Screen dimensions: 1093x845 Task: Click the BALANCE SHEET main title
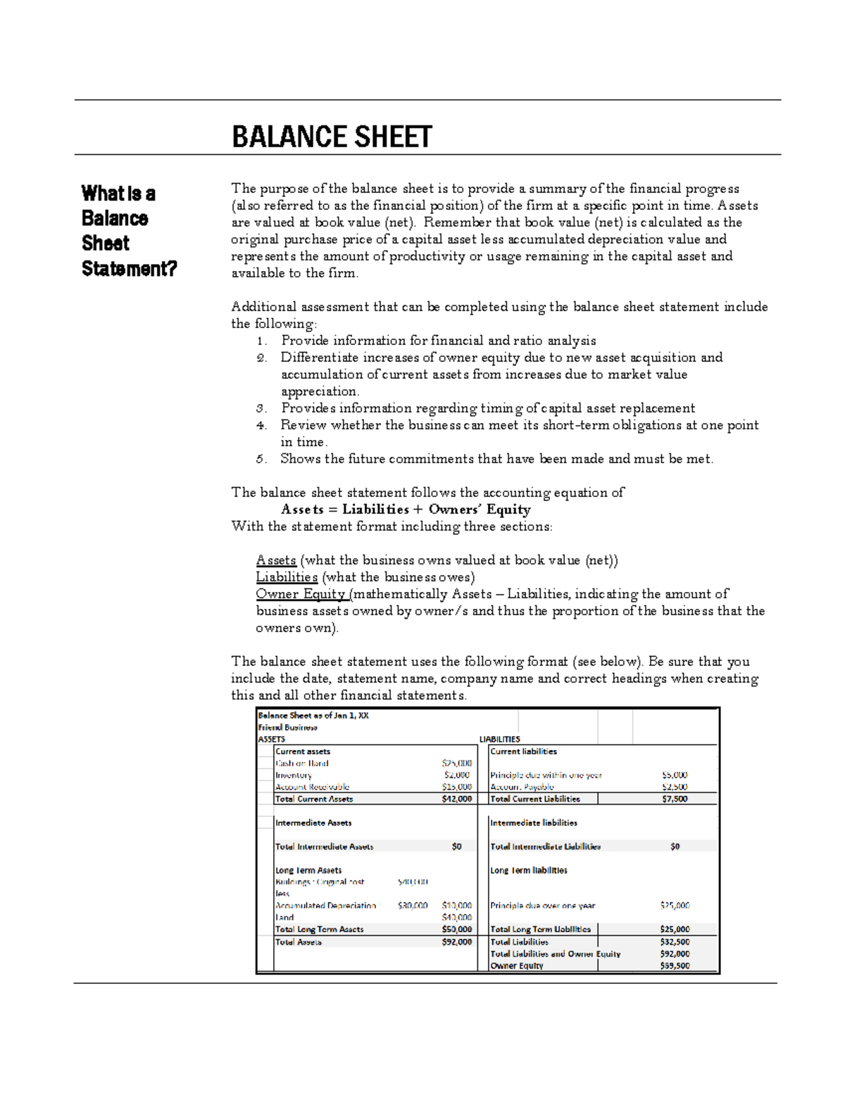pos(332,137)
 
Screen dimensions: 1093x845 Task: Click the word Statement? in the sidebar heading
pos(129,269)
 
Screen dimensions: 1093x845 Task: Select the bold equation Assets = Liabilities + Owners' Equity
pos(406,510)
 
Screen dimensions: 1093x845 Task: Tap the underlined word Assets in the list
pos(276,560)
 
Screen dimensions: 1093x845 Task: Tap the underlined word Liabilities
pos(287,577)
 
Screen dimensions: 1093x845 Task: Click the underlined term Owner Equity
pos(301,594)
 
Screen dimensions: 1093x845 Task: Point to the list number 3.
pos(261,408)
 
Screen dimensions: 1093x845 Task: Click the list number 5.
pos(261,459)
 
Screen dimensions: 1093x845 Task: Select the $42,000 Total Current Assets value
pos(457,799)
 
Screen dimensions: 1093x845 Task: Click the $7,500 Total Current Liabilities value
pos(675,799)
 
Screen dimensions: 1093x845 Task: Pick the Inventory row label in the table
pos(294,775)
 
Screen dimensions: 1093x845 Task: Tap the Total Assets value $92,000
pos(457,942)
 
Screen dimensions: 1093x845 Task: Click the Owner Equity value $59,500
pos(675,966)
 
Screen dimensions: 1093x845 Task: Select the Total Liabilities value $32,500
pos(675,942)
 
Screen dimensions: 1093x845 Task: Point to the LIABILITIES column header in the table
pos(500,739)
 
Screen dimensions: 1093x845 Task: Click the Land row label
pos(284,918)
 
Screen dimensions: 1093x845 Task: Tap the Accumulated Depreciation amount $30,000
pos(413,906)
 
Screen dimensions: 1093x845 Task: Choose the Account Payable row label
pos(522,787)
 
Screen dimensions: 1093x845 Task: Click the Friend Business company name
pos(287,727)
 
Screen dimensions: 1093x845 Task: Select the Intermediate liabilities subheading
pos(534,823)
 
